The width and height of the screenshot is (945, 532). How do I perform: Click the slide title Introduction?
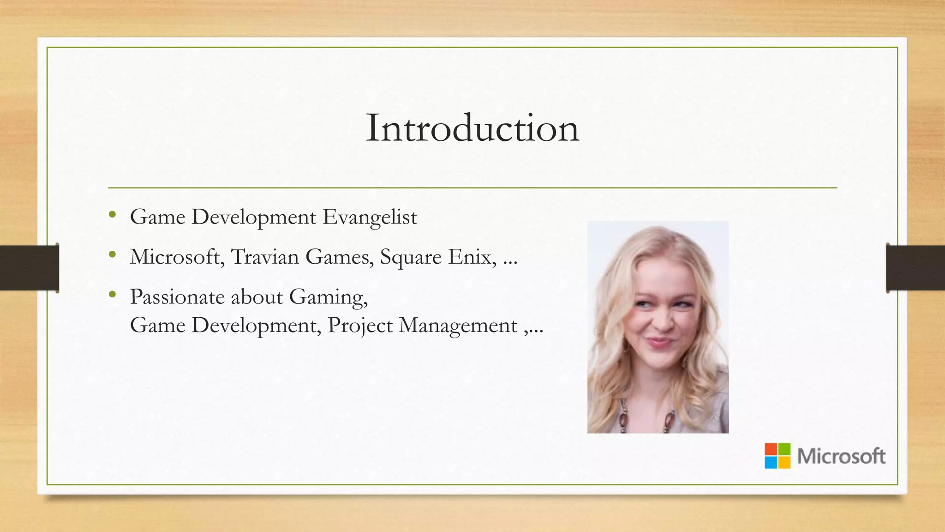[472, 128]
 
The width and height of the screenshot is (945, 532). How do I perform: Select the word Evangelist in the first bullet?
[370, 217]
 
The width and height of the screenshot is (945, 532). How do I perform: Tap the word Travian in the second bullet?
[265, 257]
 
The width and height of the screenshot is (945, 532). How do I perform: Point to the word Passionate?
[178, 297]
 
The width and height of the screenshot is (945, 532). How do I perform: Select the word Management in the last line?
[458, 326]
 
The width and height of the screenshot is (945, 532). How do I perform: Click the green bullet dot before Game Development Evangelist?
[112, 214]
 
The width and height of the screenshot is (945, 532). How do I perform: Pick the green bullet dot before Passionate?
[112, 294]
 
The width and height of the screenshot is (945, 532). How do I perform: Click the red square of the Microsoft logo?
[771, 449]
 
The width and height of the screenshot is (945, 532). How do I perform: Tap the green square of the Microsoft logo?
[784, 449]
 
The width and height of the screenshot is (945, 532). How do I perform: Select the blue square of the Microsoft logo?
[771, 463]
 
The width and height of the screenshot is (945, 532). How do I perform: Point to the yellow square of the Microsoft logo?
[784, 463]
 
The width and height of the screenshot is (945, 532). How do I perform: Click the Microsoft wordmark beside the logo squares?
[841, 456]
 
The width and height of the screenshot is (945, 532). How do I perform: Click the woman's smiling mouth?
[661, 343]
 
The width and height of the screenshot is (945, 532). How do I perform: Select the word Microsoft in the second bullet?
[175, 257]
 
